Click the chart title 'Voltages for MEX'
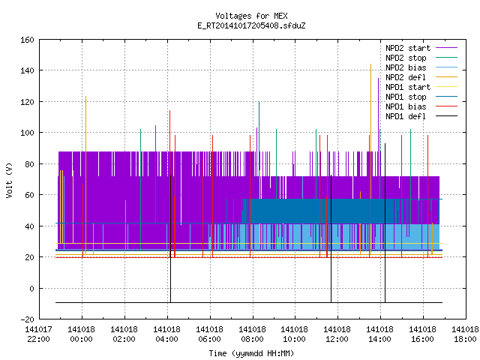click(251, 16)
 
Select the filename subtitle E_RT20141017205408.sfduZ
click(251, 25)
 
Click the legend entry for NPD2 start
click(421, 48)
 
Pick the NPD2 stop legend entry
click(421, 58)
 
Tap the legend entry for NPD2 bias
click(421, 67)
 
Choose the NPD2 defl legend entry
click(421, 77)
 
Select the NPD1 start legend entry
click(421, 87)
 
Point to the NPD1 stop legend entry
click(421, 97)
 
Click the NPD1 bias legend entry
click(421, 106)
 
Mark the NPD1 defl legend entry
click(421, 116)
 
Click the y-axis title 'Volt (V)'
click(9, 180)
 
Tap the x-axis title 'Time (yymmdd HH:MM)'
click(251, 353)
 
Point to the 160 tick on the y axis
click(27, 40)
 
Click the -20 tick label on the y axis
click(27, 319)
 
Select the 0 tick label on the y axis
click(31, 288)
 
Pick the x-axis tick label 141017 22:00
click(38, 334)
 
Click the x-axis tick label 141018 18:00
click(465, 334)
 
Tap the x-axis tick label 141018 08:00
click(252, 334)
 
